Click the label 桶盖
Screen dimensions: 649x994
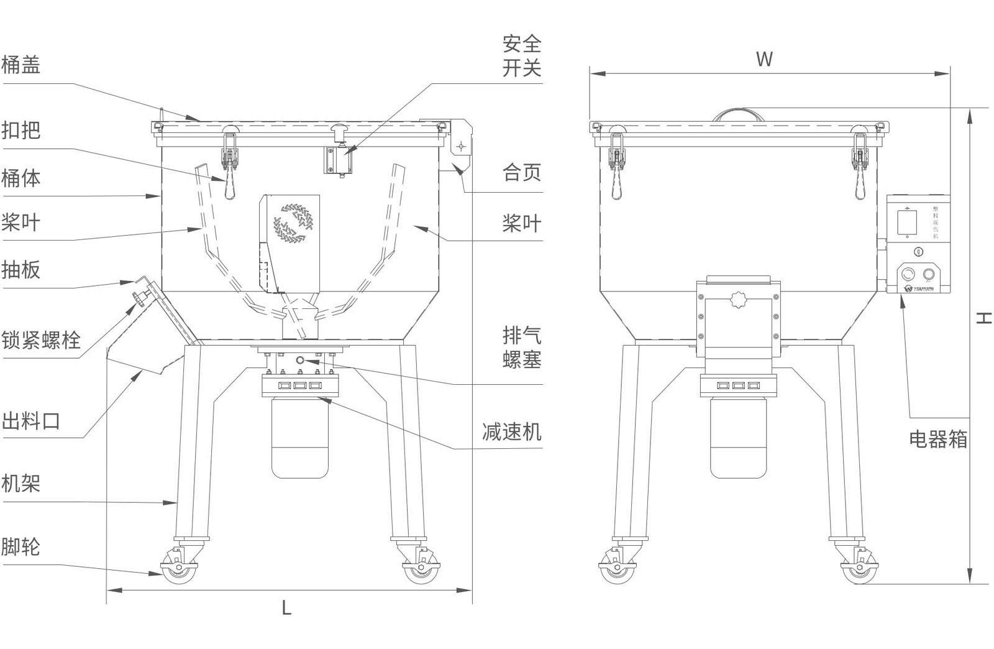[x=21, y=64]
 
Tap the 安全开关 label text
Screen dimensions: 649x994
[x=522, y=55]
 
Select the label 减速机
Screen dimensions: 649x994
[x=511, y=430]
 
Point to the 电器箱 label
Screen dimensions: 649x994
[x=938, y=439]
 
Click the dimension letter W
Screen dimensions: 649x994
[x=764, y=59]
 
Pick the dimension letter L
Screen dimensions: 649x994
[x=286, y=608]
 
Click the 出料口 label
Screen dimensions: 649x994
[x=30, y=420]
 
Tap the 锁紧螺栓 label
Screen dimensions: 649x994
[x=41, y=340]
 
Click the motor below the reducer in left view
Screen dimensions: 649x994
[x=300, y=438]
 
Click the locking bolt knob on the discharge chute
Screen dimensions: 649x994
[x=137, y=299]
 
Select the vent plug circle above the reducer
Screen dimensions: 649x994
[x=301, y=360]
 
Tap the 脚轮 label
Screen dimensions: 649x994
[x=21, y=546]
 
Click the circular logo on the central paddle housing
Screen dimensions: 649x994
[x=293, y=223]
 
